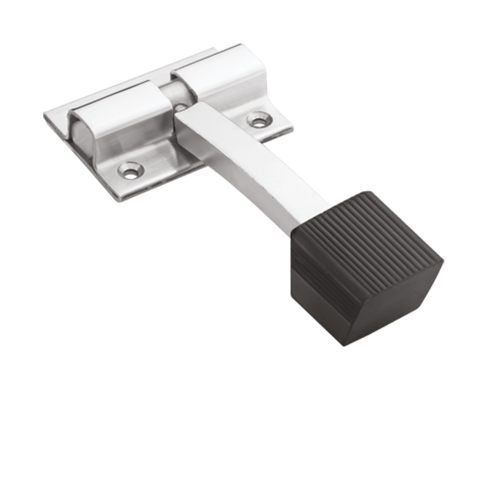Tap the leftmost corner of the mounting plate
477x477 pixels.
[44, 118]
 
